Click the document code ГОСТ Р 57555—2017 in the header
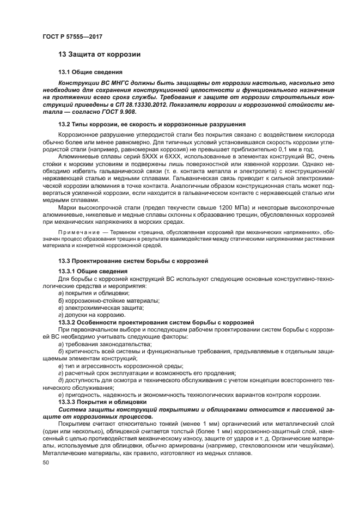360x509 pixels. tap(72, 36)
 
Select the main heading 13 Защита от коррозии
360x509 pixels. tap(100, 55)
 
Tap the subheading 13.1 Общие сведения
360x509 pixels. tap(90, 72)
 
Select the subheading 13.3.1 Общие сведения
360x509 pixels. tap(93, 271)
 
